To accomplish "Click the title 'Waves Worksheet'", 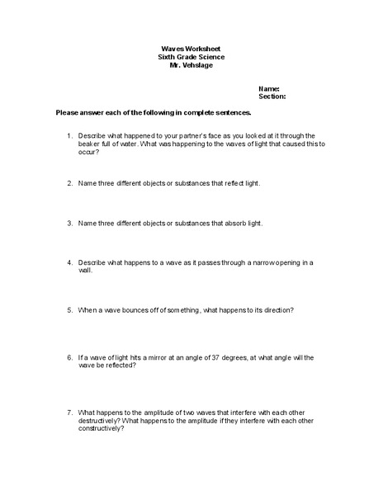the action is [191, 49].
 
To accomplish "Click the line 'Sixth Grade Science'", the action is [191, 56].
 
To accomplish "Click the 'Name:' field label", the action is [269, 87].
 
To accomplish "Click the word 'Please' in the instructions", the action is [68, 111].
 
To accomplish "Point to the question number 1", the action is [69, 135].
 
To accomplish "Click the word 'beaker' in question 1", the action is [90, 144].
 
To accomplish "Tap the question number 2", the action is [69, 183].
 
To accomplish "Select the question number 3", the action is [69, 223].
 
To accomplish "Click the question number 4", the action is [69, 262].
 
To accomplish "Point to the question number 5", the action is [69, 310].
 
